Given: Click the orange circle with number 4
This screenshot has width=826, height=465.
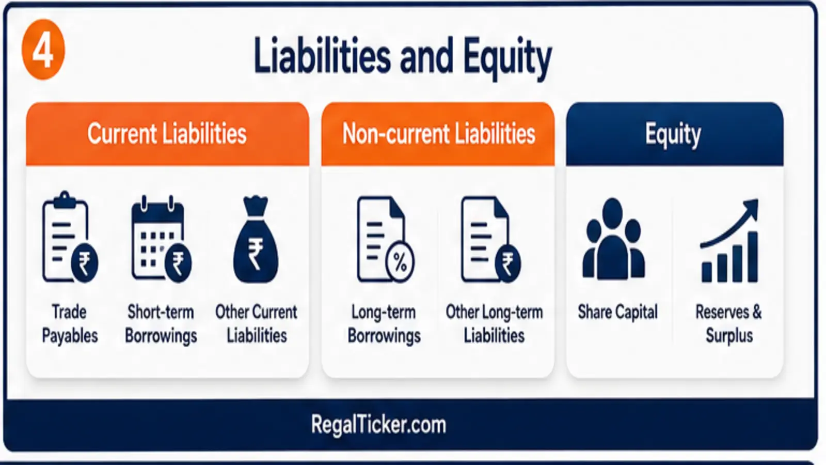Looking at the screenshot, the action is click(x=43, y=50).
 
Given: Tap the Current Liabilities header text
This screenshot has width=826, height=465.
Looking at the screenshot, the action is click(x=167, y=134).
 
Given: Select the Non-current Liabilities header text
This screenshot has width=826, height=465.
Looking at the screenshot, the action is click(x=438, y=134).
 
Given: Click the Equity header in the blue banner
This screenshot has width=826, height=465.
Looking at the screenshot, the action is click(x=673, y=135).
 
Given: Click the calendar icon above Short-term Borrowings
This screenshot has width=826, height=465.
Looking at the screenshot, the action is click(x=161, y=238).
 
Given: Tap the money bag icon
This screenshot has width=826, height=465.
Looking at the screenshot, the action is click(x=256, y=240).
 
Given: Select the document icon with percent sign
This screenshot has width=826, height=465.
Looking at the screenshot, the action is click(x=385, y=239).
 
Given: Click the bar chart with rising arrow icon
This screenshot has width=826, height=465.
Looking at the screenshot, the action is click(x=729, y=241).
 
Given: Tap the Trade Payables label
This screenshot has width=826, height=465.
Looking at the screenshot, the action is click(x=70, y=323).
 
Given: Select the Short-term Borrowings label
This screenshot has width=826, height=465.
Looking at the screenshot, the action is click(x=161, y=323).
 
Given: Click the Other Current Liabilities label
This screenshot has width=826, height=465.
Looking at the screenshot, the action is click(x=256, y=323).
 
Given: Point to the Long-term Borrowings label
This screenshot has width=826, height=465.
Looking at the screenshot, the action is click(x=384, y=323).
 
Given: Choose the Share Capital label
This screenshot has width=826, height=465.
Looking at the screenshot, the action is click(x=617, y=312).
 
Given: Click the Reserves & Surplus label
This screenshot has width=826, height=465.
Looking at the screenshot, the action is click(x=728, y=323).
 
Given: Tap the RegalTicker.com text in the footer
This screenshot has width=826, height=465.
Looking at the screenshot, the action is click(x=378, y=424).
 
